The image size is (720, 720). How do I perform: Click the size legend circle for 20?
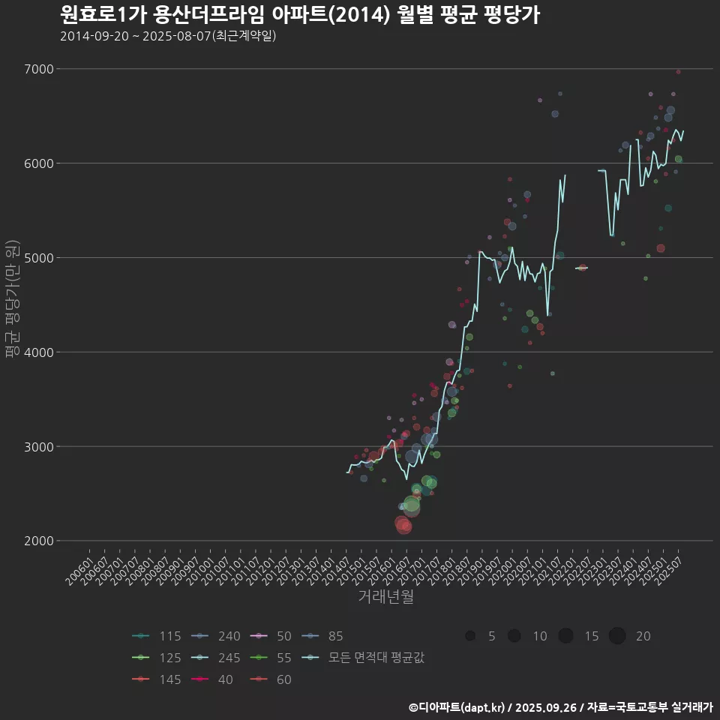pos(617,636)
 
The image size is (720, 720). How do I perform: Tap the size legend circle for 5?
pos(470,636)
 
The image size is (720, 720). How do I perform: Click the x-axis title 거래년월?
pos(386,596)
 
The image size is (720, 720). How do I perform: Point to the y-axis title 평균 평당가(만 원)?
pos(11,300)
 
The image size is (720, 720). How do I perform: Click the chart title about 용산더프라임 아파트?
pos(299,15)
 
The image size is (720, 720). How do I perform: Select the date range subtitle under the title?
pos(168,35)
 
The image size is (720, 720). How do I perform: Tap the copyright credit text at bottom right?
pos(560,706)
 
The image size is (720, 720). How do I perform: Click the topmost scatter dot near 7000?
pos(678,72)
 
